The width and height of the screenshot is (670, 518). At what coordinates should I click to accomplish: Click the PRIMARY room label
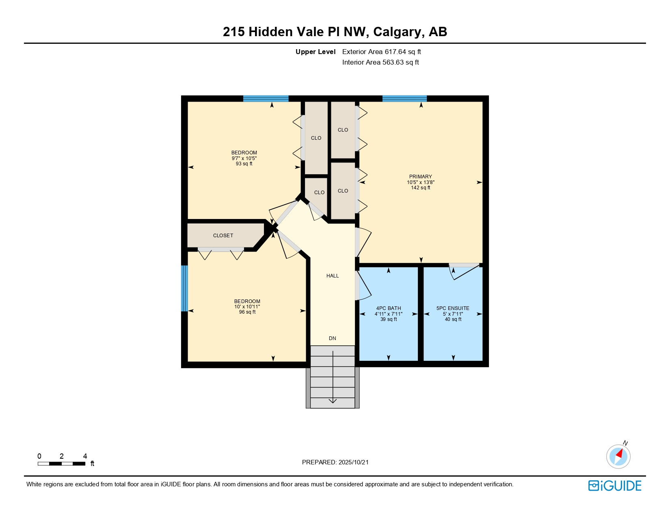click(x=420, y=177)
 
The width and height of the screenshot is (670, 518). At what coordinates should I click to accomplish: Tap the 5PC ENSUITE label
click(x=453, y=308)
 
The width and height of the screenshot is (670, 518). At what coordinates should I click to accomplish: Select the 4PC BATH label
click(x=389, y=308)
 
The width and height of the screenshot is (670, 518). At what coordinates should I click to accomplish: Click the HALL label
click(x=333, y=276)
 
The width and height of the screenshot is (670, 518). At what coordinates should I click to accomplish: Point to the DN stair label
click(x=333, y=338)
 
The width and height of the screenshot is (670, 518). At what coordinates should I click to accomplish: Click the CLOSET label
click(x=223, y=236)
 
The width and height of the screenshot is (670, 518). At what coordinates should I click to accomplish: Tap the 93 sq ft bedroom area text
click(x=244, y=164)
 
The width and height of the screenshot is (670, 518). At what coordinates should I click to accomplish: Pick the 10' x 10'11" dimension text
click(x=247, y=307)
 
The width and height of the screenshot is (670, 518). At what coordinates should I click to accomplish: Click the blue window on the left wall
click(x=184, y=288)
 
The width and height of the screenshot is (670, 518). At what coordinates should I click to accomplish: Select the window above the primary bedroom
click(x=404, y=98)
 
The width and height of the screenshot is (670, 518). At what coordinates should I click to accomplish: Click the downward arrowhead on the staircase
click(x=333, y=401)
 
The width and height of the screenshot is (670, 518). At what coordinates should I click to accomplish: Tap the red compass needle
click(x=619, y=453)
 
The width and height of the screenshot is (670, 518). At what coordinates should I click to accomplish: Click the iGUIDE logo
click(x=614, y=485)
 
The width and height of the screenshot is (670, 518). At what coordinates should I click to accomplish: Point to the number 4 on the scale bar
click(x=85, y=456)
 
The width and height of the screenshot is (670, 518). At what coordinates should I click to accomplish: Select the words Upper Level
click(x=316, y=52)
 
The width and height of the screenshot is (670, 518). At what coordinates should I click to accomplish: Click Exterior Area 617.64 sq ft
click(x=381, y=52)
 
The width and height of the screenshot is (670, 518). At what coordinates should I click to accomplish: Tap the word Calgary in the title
click(x=397, y=32)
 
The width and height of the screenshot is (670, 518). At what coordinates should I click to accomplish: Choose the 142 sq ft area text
click(x=420, y=188)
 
